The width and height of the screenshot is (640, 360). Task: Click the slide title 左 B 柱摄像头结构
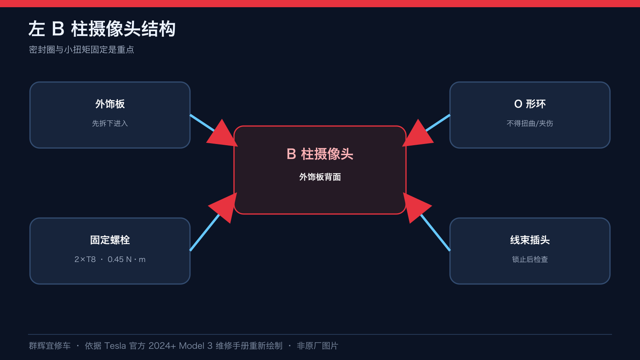[x=102, y=29]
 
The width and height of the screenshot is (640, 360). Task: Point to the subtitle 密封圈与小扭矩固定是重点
[x=82, y=50]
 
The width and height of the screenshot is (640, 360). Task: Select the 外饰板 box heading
[x=110, y=104]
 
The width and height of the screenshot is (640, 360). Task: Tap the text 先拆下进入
[x=110, y=124]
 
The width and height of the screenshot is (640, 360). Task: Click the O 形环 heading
[x=530, y=104]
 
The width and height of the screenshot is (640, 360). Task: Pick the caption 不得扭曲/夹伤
[x=530, y=124]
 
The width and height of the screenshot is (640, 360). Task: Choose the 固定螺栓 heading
[x=110, y=240]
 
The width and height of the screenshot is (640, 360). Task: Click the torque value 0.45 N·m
[x=126, y=260]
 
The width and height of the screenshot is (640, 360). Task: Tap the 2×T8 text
[x=85, y=260]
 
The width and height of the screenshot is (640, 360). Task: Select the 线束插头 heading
[x=530, y=240]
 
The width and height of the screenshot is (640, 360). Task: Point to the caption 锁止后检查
[x=530, y=260]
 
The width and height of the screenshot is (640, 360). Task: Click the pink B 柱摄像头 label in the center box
[x=320, y=154]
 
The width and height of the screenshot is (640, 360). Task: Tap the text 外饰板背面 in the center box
[x=320, y=177]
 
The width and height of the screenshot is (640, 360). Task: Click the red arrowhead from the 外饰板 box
[x=223, y=134]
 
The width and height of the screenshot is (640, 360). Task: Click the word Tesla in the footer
[x=115, y=346]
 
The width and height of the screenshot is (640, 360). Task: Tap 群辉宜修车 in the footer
[x=50, y=346]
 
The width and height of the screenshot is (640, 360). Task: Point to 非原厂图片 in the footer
[x=318, y=346]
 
